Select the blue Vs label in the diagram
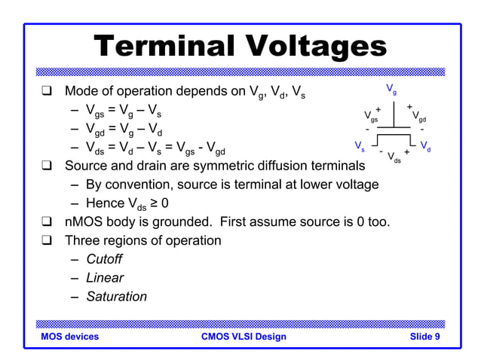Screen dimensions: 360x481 pyautogui.click(x=360, y=144)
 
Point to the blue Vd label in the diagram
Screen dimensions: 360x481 pyautogui.click(x=425, y=145)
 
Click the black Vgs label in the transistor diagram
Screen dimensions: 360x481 pyautogui.click(x=371, y=117)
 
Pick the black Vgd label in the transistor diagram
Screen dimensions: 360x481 pyautogui.click(x=419, y=117)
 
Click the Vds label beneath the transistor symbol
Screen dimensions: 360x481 pyautogui.click(x=394, y=157)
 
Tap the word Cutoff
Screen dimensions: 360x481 pyautogui.click(x=104, y=259)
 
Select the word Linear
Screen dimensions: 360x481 pyautogui.click(x=105, y=278)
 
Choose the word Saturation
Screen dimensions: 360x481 pyautogui.click(x=116, y=297)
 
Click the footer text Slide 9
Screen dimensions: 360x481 pyautogui.click(x=425, y=337)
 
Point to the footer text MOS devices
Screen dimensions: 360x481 pyautogui.click(x=70, y=337)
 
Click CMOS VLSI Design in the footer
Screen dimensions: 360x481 pyautogui.click(x=244, y=337)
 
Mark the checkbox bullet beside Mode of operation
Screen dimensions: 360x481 pyautogui.click(x=47, y=93)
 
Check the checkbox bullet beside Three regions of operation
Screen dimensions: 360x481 pyautogui.click(x=47, y=241)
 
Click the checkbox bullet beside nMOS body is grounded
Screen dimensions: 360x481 pyautogui.click(x=47, y=222)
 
